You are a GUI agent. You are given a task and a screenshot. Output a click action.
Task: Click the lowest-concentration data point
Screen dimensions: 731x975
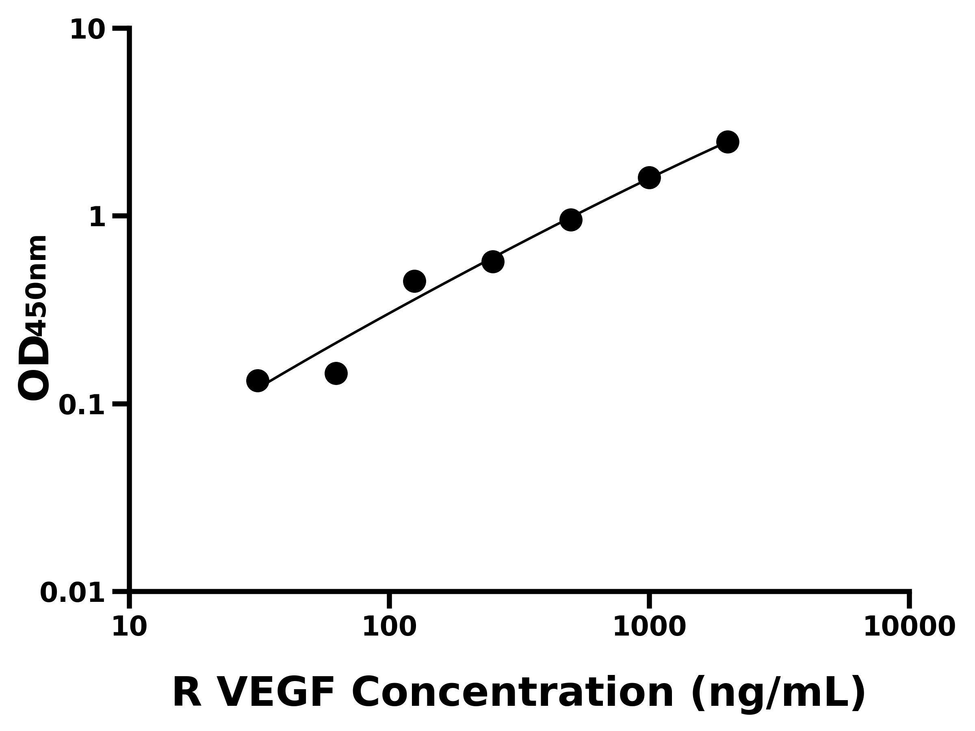click(x=258, y=381)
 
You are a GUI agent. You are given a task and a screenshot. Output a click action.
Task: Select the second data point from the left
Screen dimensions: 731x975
click(x=336, y=374)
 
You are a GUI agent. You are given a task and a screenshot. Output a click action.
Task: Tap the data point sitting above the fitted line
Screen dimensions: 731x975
click(x=414, y=281)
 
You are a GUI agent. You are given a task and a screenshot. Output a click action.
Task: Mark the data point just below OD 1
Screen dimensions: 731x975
click(x=571, y=220)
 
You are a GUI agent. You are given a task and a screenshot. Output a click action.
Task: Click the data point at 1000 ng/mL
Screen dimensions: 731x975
click(x=649, y=177)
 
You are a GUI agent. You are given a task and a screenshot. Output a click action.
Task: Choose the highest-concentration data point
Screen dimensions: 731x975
click(x=728, y=142)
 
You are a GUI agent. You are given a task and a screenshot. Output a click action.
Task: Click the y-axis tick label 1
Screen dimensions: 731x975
click(x=97, y=218)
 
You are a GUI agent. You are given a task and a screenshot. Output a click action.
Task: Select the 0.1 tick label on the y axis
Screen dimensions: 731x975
click(x=82, y=405)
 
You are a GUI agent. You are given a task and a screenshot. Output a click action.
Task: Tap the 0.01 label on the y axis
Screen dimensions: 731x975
click(x=73, y=593)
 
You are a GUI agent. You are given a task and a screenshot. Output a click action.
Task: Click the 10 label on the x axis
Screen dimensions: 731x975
click(x=129, y=627)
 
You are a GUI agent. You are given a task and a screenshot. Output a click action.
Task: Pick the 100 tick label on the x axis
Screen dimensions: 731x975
click(x=389, y=627)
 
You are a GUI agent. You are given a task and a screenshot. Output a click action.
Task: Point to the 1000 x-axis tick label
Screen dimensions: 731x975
click(x=649, y=627)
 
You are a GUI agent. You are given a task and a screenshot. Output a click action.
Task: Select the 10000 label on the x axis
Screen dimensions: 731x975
click(x=909, y=627)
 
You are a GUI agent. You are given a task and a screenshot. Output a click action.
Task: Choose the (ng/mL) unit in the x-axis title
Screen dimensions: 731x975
click(x=778, y=693)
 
